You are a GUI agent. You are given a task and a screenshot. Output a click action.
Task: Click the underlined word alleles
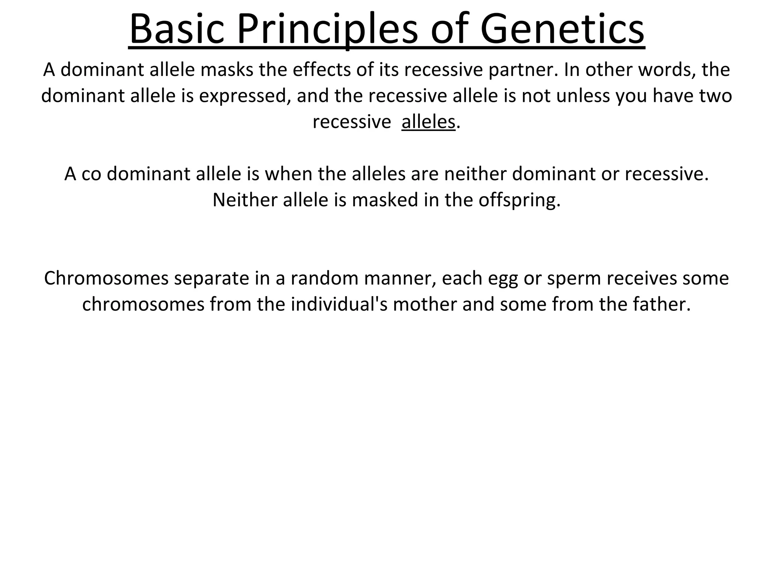pyautogui.click(x=428, y=122)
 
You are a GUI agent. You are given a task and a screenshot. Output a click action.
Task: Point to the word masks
pyautogui.click(x=227, y=70)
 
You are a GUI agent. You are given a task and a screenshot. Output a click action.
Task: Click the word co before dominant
pyautogui.click(x=91, y=174)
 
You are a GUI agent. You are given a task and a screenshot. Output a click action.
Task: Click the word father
pyautogui.click(x=661, y=304)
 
